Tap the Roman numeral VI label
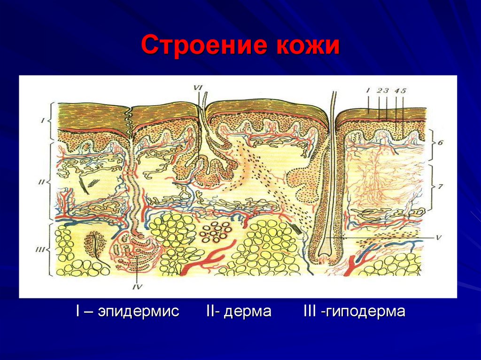tap(198, 87)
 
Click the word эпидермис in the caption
tap(139, 312)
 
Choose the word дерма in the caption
tap(248, 312)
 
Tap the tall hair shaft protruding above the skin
tap(333, 103)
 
